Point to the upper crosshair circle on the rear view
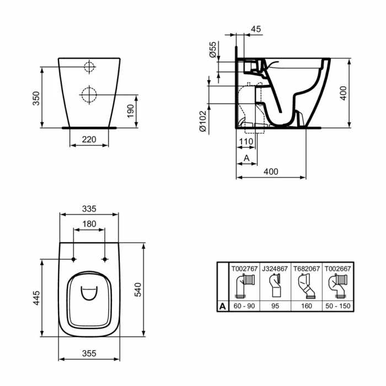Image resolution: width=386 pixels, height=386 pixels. (89, 68)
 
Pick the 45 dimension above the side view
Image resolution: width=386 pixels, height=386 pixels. (255, 29)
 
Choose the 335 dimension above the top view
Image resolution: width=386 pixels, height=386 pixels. (89, 208)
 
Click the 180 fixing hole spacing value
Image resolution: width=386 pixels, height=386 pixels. (89, 224)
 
